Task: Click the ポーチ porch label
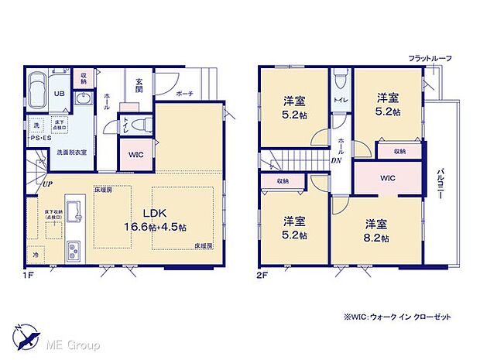[x=184, y=94]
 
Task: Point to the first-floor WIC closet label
[x=136, y=155]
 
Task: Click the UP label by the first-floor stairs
[x=47, y=184]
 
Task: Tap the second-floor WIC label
[x=388, y=177]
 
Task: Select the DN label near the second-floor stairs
[x=337, y=161]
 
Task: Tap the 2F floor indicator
[x=262, y=273]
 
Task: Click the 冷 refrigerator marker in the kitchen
[x=36, y=252]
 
